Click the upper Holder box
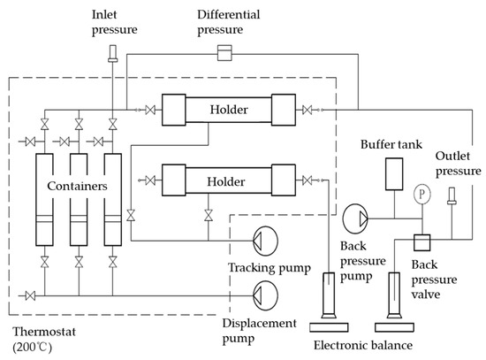228,111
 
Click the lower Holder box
228,180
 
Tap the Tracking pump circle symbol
263,239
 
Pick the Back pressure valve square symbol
421,241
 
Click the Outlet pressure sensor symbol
452,195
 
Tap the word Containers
78,188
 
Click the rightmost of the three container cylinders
111,200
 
